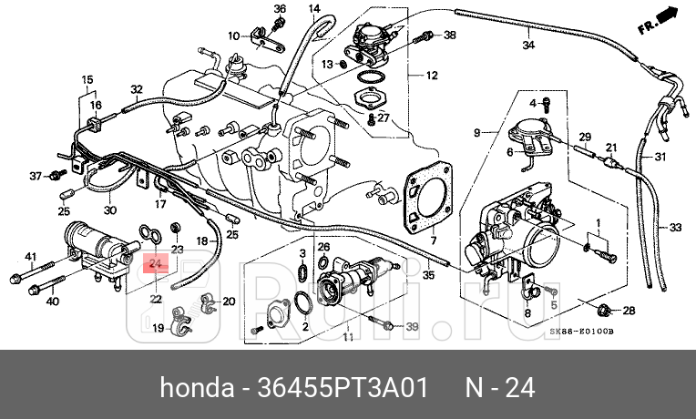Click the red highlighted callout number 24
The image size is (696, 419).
click(x=154, y=264)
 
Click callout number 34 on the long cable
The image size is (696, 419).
click(x=528, y=45)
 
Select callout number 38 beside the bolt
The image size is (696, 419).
click(x=449, y=36)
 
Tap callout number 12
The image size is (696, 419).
click(x=432, y=75)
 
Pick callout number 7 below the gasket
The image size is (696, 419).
click(x=434, y=240)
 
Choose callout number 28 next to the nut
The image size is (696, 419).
click(x=629, y=312)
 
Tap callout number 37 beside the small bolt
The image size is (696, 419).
click(x=36, y=175)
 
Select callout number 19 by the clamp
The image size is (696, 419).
click(x=157, y=328)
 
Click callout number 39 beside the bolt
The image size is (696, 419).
click(x=412, y=327)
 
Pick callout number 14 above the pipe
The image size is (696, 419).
click(x=313, y=10)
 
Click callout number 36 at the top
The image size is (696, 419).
click(x=280, y=10)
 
